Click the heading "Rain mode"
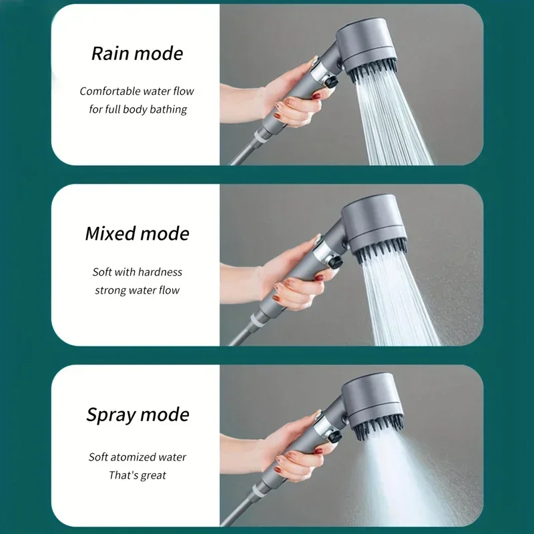(x=137, y=53)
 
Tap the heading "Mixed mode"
(x=137, y=234)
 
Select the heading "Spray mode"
(x=137, y=415)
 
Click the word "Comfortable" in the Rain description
(x=111, y=91)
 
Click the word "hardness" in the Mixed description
(x=160, y=272)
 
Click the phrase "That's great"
(x=137, y=475)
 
